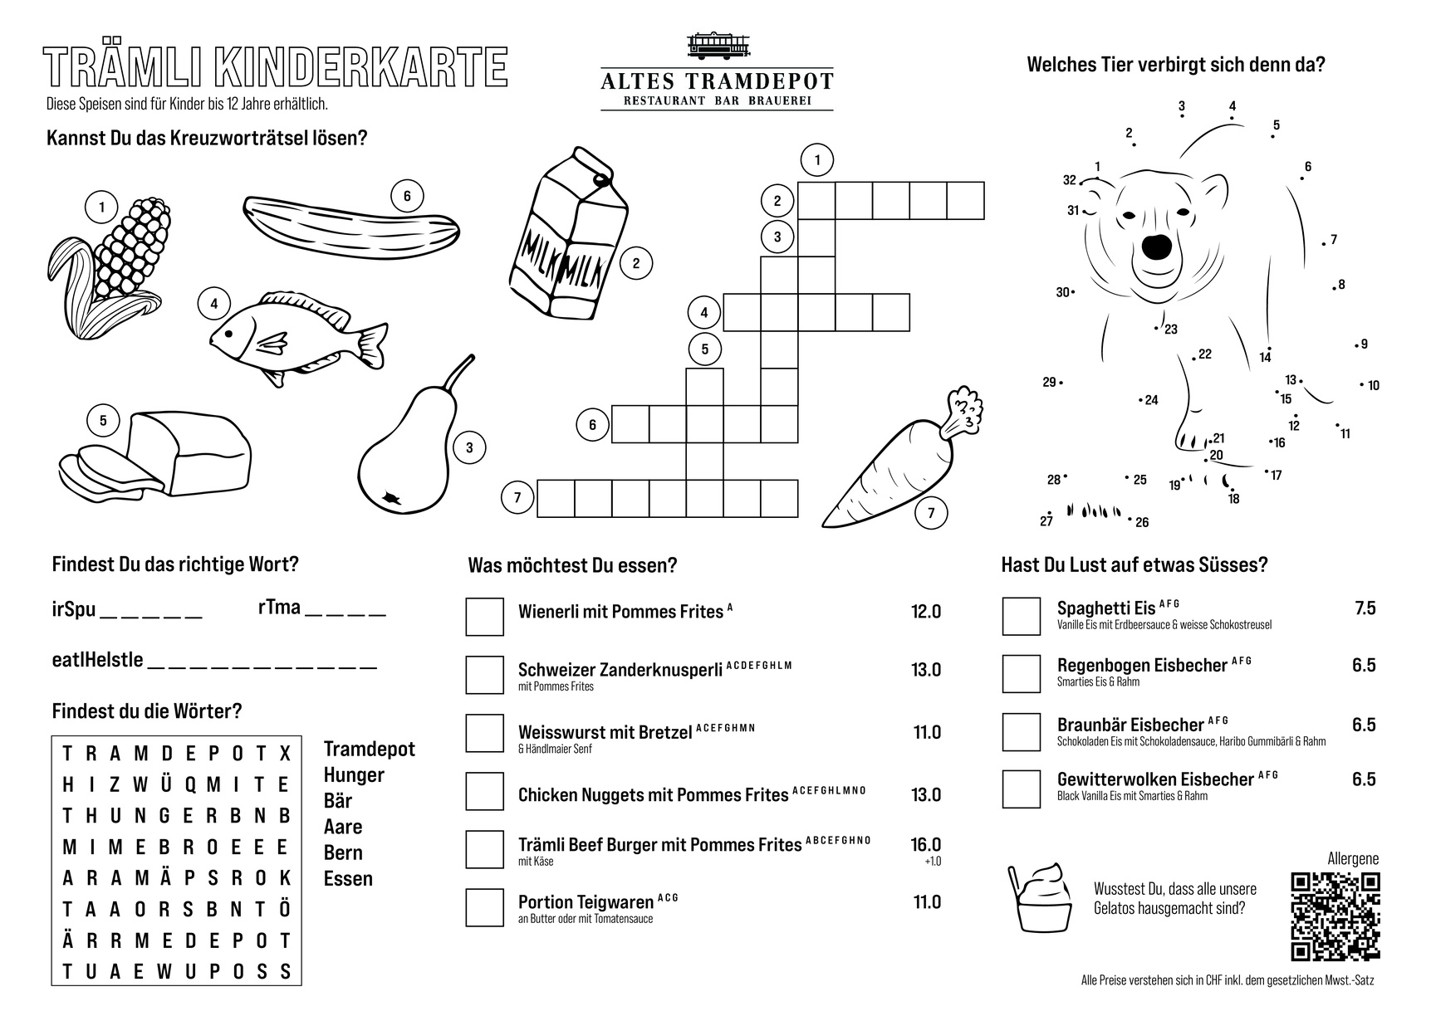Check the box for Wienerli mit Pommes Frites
[x=484, y=617]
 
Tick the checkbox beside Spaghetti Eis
[x=1021, y=616]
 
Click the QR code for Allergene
[x=1335, y=916]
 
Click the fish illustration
[x=295, y=334]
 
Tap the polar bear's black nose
[x=1156, y=247]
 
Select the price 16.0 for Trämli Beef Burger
[x=925, y=845]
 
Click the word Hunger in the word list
[x=354, y=775]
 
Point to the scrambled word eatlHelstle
[x=97, y=661]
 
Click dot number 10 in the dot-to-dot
[x=1362, y=384]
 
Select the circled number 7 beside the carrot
[x=931, y=514]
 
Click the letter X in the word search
[x=285, y=754]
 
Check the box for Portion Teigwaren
[x=484, y=907]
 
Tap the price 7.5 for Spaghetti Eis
[x=1365, y=608]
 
